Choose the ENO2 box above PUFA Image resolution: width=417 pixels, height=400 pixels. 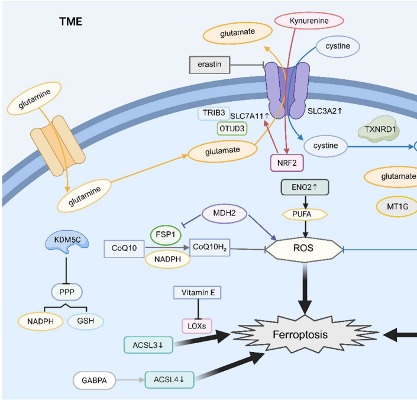303,188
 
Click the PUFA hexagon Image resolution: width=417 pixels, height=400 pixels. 303,213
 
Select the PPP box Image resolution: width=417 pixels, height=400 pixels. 66,291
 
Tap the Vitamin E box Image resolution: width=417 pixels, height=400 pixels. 197,292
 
